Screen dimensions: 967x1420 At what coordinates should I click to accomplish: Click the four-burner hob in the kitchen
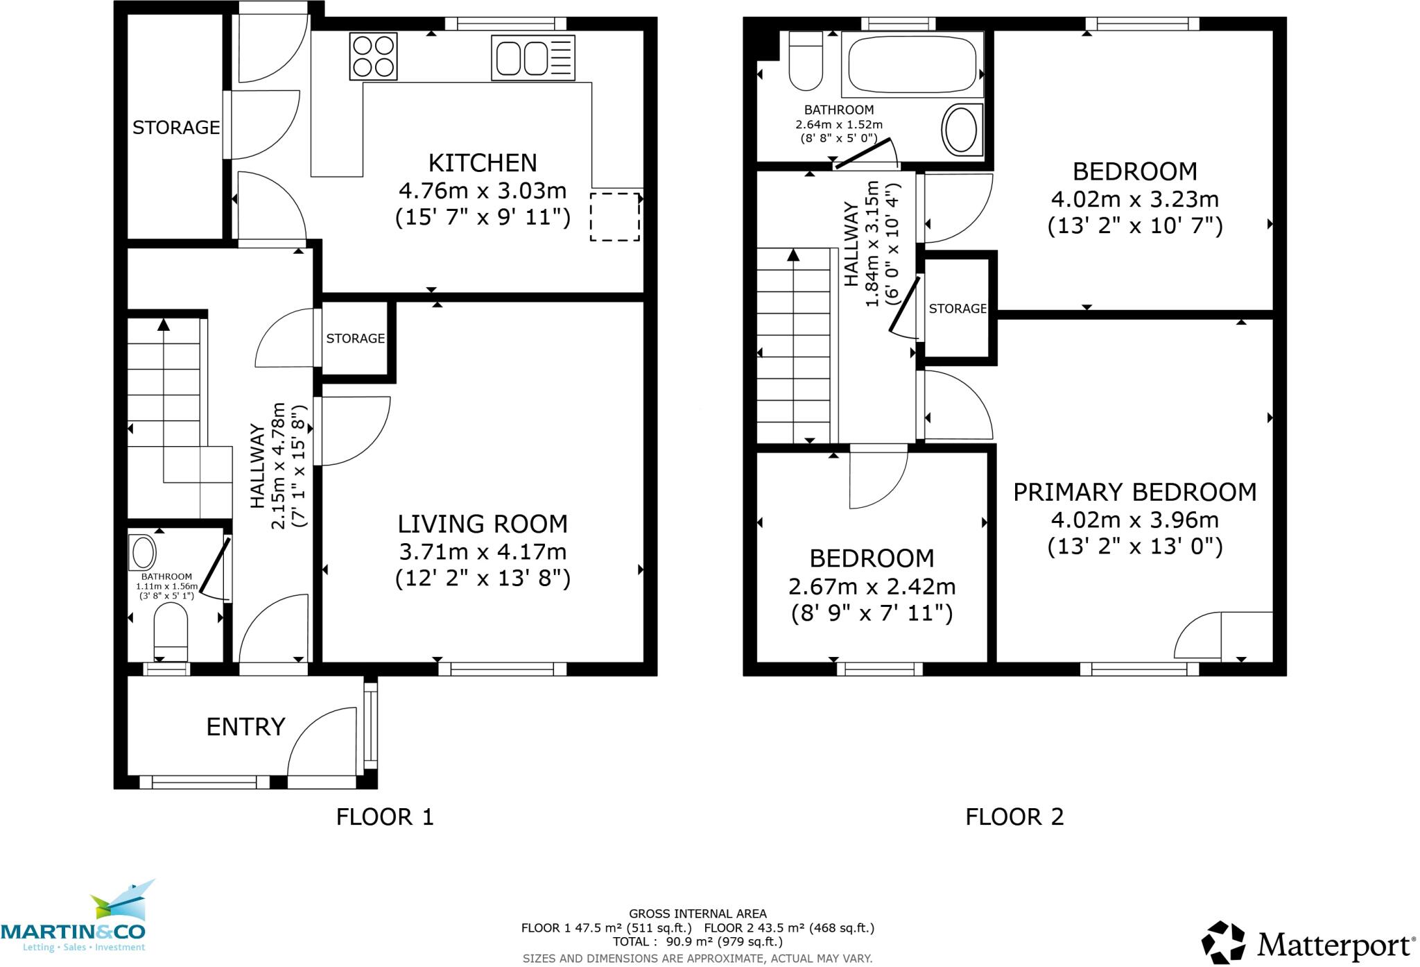point(375,57)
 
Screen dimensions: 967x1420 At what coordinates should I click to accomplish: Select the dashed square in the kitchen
point(615,217)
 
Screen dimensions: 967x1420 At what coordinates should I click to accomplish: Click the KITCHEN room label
point(483,163)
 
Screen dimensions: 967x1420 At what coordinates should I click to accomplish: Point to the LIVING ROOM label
point(483,524)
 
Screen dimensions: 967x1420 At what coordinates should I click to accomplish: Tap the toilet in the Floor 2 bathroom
point(806,62)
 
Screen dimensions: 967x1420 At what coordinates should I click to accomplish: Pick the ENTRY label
point(246,727)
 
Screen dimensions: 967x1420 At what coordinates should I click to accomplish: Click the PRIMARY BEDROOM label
point(1134,493)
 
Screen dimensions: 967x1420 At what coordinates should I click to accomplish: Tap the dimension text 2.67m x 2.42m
point(872,587)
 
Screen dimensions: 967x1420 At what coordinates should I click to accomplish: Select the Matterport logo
point(1307,944)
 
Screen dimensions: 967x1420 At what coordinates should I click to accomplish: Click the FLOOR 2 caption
point(1014,817)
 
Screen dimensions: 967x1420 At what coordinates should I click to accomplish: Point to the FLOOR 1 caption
point(385,817)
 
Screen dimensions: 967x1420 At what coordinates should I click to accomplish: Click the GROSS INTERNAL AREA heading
point(698,914)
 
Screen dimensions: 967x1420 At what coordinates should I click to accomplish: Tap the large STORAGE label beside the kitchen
point(176,128)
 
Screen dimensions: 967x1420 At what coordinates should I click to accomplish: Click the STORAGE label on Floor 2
point(958,309)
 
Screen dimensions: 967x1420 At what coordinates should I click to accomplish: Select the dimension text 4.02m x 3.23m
point(1134,200)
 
